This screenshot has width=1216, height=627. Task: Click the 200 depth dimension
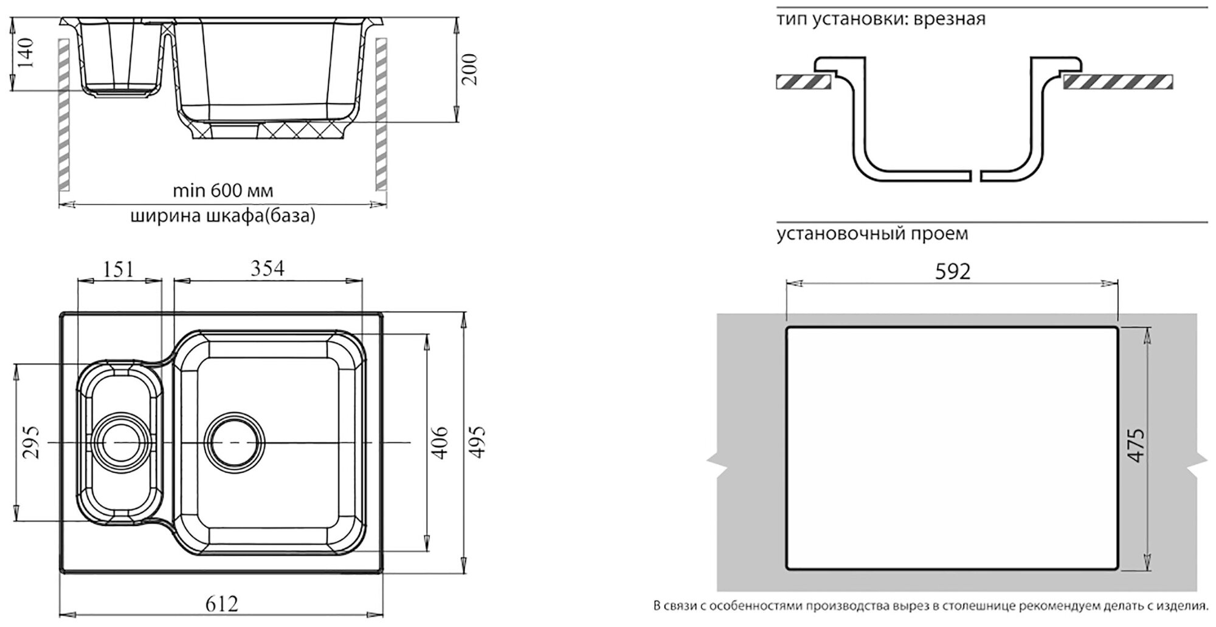(469, 69)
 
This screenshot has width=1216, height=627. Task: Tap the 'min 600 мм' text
(223, 191)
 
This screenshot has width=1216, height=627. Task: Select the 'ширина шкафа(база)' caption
(223, 217)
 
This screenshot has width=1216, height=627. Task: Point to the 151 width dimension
(118, 269)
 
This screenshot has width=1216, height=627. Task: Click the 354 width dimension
(268, 268)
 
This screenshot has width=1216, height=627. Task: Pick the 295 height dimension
(31, 442)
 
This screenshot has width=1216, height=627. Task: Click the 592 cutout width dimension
(952, 272)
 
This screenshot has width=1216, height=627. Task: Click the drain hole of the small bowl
(119, 441)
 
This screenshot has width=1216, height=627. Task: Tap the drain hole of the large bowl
(235, 441)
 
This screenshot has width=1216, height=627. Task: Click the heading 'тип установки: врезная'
(880, 19)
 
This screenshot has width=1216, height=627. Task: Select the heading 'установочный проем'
(872, 234)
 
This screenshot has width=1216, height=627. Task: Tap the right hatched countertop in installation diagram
(1118, 82)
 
